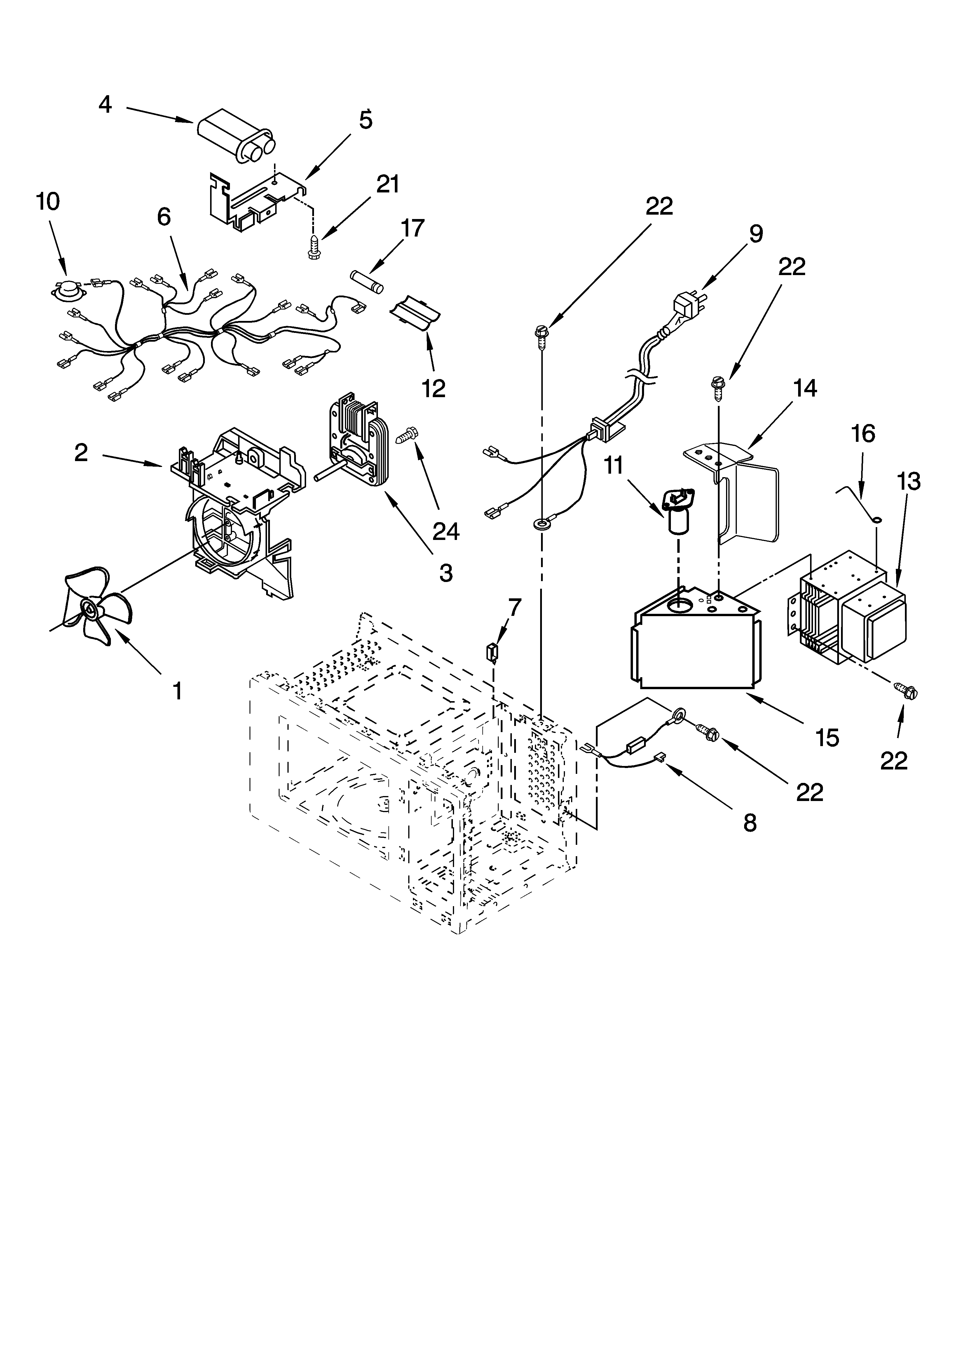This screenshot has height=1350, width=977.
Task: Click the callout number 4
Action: click(x=105, y=105)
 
